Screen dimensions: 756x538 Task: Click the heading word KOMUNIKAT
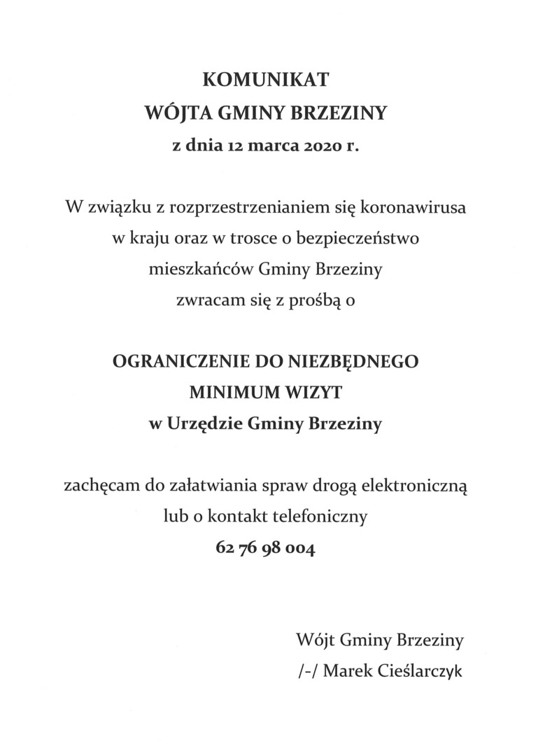[265, 80]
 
